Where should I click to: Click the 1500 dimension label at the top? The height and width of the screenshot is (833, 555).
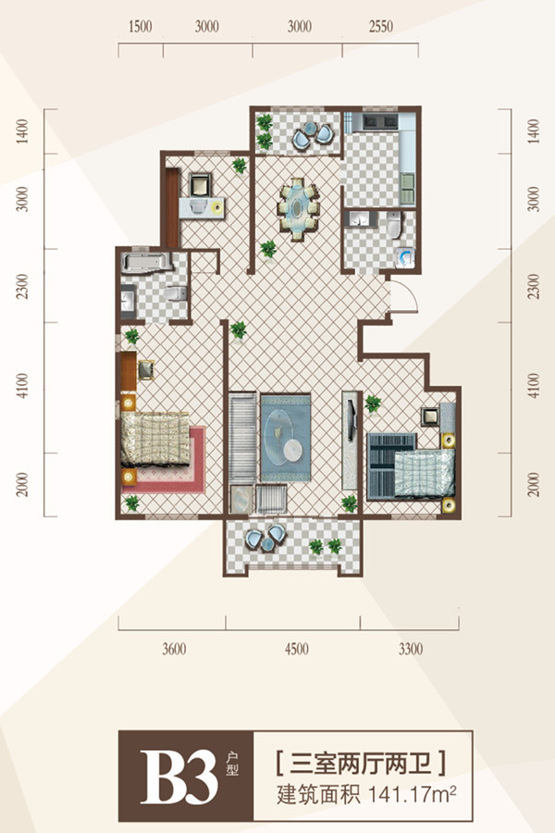141,26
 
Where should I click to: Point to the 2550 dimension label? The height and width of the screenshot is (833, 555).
381,26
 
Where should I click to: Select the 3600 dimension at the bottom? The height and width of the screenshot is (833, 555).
174,649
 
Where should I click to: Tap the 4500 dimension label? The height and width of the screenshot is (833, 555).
296,649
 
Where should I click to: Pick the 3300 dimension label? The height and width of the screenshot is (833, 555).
411,649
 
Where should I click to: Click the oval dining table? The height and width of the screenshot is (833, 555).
299,209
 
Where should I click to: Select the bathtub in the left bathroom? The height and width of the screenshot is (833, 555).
146,262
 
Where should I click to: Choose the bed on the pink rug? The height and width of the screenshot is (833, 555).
155,440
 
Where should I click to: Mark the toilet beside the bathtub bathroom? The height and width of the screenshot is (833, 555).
176,293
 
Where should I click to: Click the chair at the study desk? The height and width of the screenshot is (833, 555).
200,184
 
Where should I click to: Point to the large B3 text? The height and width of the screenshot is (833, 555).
179,777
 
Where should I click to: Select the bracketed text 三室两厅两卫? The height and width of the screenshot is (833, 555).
361,763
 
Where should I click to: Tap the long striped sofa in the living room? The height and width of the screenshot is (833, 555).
242,437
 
